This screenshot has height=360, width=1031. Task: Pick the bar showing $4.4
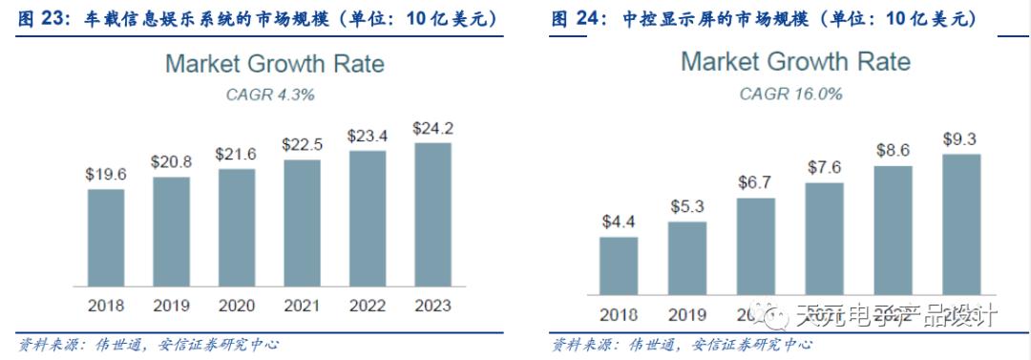click(x=619, y=265)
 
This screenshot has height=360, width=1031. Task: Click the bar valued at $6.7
click(x=756, y=246)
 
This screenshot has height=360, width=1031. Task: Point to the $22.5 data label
click(x=301, y=144)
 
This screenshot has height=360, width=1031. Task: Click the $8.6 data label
click(x=893, y=150)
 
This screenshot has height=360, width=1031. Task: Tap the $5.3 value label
click(x=687, y=206)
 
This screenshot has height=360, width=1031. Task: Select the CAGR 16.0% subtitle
click(x=790, y=94)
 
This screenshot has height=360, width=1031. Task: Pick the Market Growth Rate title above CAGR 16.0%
click(x=795, y=62)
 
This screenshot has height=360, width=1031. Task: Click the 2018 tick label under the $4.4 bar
click(x=619, y=314)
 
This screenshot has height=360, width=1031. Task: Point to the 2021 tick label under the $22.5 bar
click(x=301, y=306)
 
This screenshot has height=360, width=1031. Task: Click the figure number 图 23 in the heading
click(x=43, y=18)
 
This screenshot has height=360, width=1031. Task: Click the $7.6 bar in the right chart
click(x=824, y=239)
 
